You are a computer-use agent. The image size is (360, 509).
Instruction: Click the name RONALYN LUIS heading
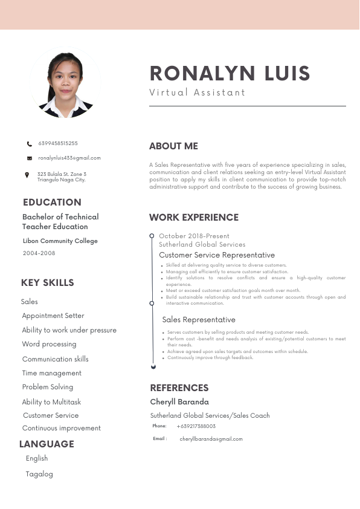coord(230,74)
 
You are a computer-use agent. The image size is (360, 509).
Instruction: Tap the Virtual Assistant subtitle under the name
coord(198,92)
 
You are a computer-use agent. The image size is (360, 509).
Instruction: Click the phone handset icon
coord(30,144)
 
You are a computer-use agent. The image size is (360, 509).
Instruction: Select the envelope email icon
coord(30,158)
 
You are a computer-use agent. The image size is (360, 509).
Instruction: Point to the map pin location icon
coord(27,175)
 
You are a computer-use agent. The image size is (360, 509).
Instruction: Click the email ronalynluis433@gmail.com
coord(69,158)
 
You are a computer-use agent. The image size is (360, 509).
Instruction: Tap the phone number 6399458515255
coord(58,143)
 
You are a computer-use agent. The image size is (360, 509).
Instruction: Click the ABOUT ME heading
coord(173,146)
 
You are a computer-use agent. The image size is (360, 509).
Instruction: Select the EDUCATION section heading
coord(52,203)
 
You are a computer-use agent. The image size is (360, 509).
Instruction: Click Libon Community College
coord(60,241)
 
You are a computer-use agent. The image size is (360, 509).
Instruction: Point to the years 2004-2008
coord(39,253)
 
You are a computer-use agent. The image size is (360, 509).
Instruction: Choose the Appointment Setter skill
coord(53,316)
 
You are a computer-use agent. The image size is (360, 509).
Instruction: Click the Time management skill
coord(51,373)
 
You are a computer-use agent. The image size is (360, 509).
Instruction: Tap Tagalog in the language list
coord(39,474)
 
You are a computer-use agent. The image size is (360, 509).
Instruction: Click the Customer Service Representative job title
coord(217,255)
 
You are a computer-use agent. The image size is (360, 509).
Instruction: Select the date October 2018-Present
coord(194,236)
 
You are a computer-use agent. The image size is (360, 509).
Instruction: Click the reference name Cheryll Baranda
coord(179,402)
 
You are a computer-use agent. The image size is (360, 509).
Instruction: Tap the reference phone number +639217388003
coord(196,426)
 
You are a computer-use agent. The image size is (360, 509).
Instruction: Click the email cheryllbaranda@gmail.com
coord(211,439)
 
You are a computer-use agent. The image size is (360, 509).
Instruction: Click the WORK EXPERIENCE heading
coord(194,218)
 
